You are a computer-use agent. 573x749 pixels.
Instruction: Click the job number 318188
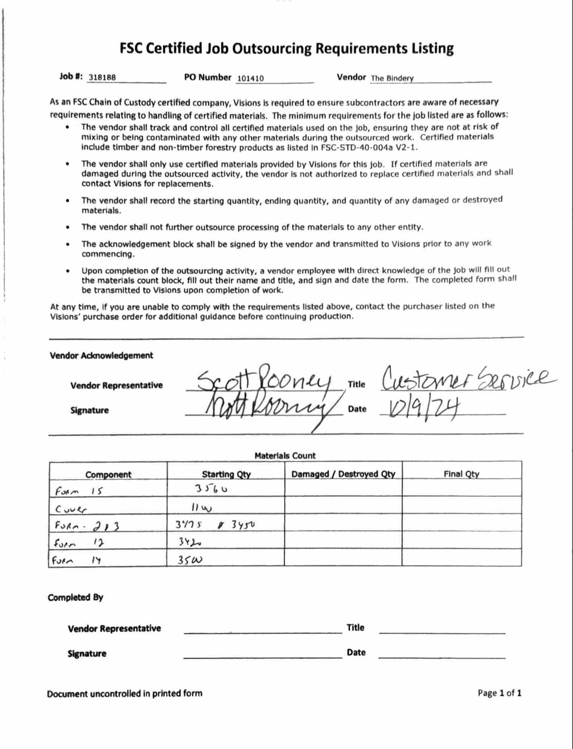coord(102,77)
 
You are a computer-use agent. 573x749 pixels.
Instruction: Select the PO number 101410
coord(250,79)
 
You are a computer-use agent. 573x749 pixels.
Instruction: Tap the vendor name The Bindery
coord(392,79)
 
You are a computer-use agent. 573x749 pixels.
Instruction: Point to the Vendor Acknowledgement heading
coord(101,356)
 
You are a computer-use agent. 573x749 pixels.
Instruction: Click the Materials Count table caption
coord(285,456)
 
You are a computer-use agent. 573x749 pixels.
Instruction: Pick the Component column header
coord(108,475)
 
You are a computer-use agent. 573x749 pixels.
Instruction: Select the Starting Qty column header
coord(226,474)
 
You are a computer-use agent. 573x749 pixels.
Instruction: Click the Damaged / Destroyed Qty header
coord(343,474)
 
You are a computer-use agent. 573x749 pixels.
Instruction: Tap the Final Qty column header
coord(461,474)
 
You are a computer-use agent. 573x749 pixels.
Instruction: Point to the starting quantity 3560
coord(211,489)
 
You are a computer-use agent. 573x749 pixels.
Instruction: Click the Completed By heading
coord(75,598)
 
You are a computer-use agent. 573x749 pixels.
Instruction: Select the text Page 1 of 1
coord(499,693)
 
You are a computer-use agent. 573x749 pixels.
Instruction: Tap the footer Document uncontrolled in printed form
coord(124,694)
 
